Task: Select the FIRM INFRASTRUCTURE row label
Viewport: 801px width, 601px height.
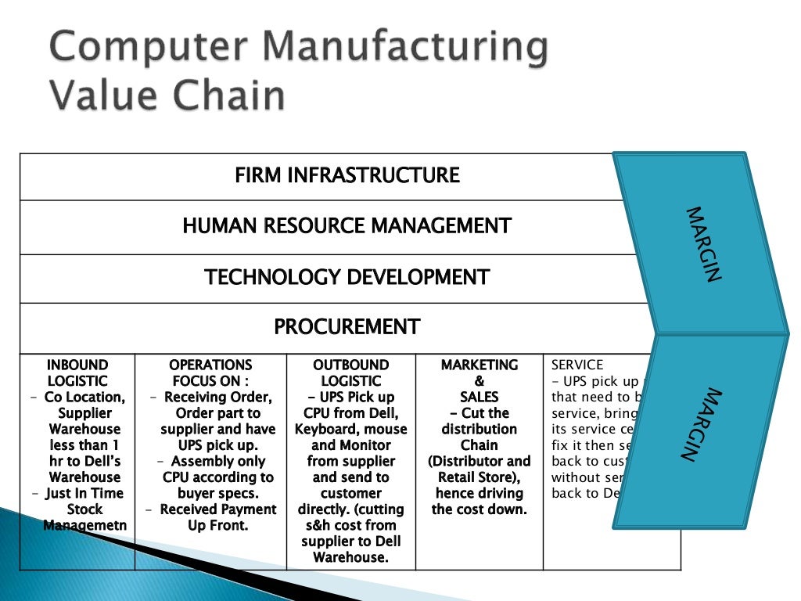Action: coord(347,175)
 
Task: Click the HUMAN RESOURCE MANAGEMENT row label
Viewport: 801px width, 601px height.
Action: coord(347,226)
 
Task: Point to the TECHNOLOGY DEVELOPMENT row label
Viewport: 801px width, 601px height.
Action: coord(347,277)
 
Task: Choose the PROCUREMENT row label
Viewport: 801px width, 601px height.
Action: coord(347,326)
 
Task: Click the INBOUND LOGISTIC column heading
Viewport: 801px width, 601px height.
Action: coord(77,372)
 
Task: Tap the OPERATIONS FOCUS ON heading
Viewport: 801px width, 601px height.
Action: coord(210,372)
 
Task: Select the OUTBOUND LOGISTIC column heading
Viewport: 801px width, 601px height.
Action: coord(350,372)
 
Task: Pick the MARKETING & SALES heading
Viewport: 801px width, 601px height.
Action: coord(480,380)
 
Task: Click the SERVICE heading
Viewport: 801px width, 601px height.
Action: coord(577,365)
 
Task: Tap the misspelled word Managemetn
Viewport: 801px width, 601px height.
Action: coord(84,525)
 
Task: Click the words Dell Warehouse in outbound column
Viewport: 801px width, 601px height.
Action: coord(350,549)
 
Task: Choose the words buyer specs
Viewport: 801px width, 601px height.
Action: coord(212,493)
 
